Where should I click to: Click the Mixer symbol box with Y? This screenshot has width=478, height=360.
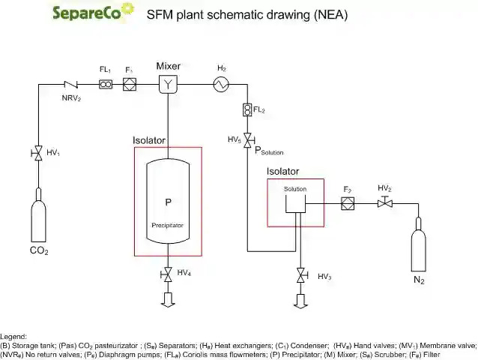tap(167, 85)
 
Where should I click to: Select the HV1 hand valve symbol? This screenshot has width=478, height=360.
tap(37, 153)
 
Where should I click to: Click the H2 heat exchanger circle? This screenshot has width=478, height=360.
tap(222, 85)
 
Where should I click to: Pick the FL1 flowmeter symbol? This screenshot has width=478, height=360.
tap(106, 85)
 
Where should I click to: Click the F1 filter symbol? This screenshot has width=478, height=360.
tap(129, 85)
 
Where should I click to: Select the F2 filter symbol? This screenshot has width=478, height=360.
tap(347, 203)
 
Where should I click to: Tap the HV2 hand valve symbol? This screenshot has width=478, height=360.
tap(384, 203)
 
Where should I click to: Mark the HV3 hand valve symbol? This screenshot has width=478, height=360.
tap(300, 276)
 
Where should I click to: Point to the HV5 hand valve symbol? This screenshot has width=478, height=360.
tap(247, 140)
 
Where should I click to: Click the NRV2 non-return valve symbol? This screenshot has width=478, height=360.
tap(73, 85)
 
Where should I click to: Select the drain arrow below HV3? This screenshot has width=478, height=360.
tap(300, 300)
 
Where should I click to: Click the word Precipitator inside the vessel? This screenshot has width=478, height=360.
tap(168, 225)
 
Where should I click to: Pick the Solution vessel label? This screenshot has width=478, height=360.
tap(295, 189)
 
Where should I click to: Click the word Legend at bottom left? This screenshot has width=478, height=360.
tap(13, 337)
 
